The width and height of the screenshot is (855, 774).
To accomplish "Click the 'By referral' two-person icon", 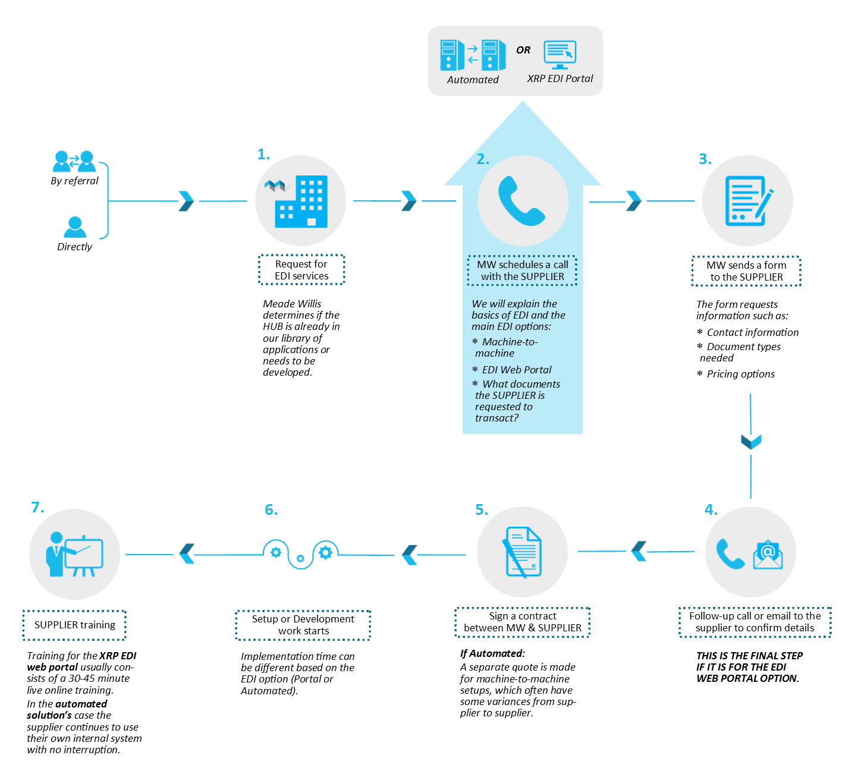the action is pyautogui.click(x=74, y=161).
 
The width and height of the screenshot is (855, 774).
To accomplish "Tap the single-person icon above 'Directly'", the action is pyautogui.click(x=74, y=227).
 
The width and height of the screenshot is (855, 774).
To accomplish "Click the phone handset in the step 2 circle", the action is pyautogui.click(x=521, y=201).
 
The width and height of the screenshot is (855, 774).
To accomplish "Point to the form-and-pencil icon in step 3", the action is pyautogui.click(x=749, y=201).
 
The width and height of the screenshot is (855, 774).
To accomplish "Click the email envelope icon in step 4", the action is pyautogui.click(x=768, y=555).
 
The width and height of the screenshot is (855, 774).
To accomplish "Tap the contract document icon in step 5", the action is pyautogui.click(x=523, y=552).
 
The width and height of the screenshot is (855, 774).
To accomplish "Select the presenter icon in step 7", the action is pyautogui.click(x=74, y=554).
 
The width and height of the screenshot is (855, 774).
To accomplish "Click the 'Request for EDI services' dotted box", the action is pyautogui.click(x=301, y=270).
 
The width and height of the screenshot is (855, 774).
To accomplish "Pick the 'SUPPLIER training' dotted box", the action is pyautogui.click(x=74, y=625).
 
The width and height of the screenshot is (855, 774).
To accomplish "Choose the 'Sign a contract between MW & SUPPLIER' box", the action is pyautogui.click(x=523, y=622).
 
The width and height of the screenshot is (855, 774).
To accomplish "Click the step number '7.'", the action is pyautogui.click(x=37, y=507).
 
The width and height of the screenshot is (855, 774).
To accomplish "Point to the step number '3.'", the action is pyautogui.click(x=705, y=159).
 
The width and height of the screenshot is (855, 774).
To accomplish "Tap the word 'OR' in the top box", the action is pyautogui.click(x=523, y=50).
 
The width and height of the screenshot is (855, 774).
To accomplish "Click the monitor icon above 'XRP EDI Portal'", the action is pyautogui.click(x=560, y=55).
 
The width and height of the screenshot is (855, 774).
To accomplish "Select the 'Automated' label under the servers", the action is pyautogui.click(x=473, y=80).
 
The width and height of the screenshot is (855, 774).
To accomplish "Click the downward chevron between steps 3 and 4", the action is pyautogui.click(x=751, y=442).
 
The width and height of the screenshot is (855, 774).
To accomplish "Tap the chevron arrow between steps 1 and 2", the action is pyautogui.click(x=409, y=201).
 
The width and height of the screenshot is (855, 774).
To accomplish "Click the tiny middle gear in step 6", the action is pyautogui.click(x=300, y=558).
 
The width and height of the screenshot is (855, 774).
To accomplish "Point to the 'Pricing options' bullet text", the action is pyautogui.click(x=741, y=374).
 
